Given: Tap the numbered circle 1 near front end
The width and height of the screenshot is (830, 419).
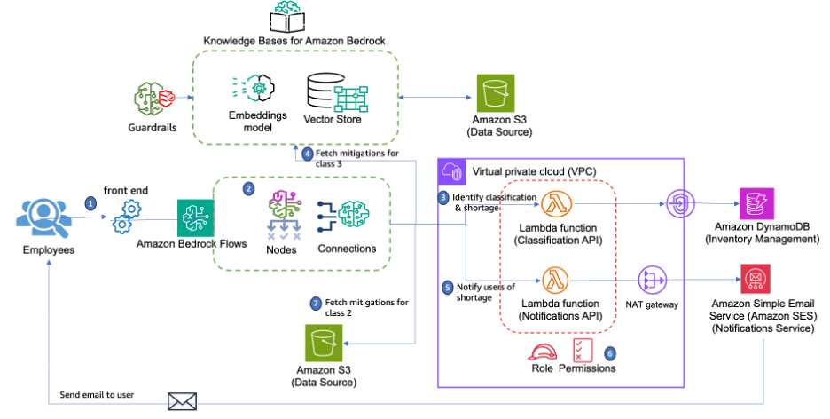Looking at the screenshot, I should pyautogui.click(x=90, y=202).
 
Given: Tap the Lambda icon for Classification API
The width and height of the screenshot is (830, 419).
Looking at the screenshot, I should pyautogui.click(x=557, y=205).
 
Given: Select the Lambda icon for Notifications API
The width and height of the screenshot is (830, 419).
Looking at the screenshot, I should pyautogui.click(x=557, y=280).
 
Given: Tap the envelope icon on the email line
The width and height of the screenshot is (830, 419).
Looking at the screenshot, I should pyautogui.click(x=182, y=402).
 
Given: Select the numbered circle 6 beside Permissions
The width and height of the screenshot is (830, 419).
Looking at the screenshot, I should pyautogui.click(x=609, y=352).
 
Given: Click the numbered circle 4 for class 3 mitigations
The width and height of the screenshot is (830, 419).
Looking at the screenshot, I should pyautogui.click(x=307, y=154).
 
